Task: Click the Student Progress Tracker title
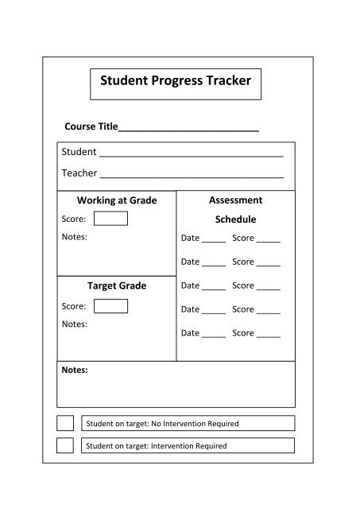[x=176, y=81]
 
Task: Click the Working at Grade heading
[x=116, y=200]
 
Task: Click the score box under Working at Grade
[x=110, y=219]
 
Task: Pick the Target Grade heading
[x=116, y=286]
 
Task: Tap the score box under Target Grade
[x=110, y=306]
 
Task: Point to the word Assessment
[x=235, y=200]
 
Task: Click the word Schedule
[x=235, y=220]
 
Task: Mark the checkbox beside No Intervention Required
[x=65, y=423]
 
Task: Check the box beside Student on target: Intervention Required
[x=65, y=445]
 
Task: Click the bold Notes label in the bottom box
[x=75, y=370]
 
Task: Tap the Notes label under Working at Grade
[x=74, y=237]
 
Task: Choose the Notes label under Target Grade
[x=74, y=324]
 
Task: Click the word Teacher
[x=79, y=173]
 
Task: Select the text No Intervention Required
[x=195, y=424]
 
